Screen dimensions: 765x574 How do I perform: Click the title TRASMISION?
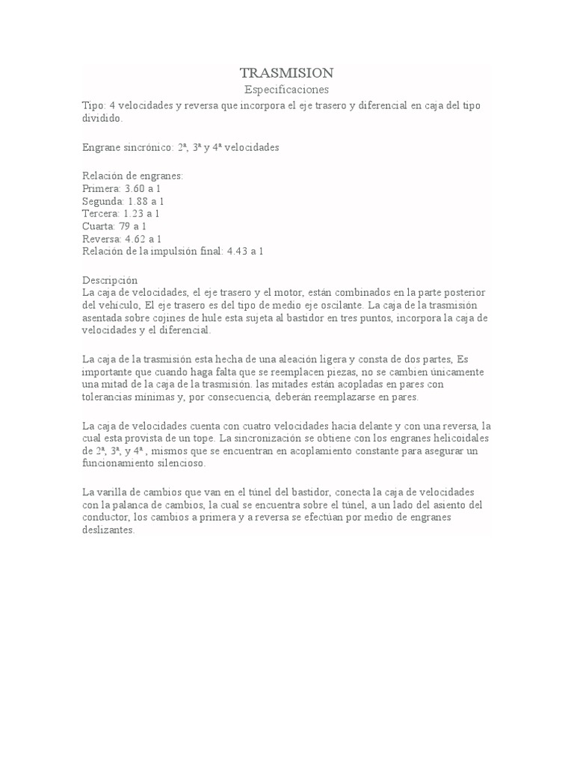point(286,72)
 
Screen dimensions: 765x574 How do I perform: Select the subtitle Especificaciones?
point(286,90)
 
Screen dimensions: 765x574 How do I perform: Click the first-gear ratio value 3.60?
point(135,189)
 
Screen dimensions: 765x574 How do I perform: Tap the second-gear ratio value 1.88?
point(140,202)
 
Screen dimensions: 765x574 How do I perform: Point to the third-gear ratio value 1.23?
point(135,214)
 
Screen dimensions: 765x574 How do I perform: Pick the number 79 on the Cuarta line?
point(124,226)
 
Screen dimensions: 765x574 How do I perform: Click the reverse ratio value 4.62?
point(137,238)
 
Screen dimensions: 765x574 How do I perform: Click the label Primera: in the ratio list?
point(102,189)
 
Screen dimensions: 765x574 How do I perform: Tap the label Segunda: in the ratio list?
point(103,202)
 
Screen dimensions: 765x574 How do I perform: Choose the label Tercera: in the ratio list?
point(102,214)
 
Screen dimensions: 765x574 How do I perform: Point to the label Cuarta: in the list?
point(99,226)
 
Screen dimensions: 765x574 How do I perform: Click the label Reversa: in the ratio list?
point(102,238)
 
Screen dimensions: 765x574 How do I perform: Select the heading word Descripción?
point(109,279)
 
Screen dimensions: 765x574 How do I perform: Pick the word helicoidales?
point(463,437)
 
